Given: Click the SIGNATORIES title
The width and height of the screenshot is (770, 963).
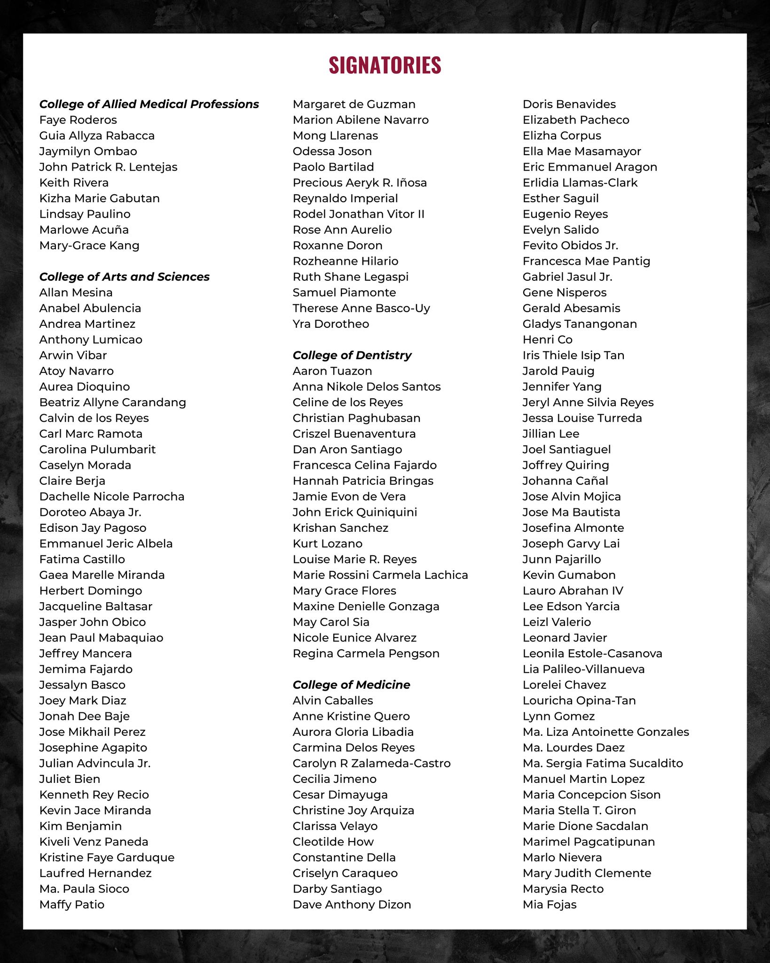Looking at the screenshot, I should click(x=385, y=65).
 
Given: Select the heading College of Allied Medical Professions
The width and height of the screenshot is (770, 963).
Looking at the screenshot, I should click(x=149, y=104).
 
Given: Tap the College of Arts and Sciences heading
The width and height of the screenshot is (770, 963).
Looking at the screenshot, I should click(x=124, y=277).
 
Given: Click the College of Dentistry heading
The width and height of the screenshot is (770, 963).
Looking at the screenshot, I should click(x=352, y=355).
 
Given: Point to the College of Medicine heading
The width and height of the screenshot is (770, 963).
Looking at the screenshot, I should click(x=351, y=685).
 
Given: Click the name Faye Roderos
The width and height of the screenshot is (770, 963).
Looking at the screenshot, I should click(x=78, y=120).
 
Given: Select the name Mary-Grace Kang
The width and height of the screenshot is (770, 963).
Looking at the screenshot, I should click(x=89, y=245).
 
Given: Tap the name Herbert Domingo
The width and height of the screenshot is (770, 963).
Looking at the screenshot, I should click(x=90, y=591).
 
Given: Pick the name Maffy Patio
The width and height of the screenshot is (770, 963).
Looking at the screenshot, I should click(x=71, y=904).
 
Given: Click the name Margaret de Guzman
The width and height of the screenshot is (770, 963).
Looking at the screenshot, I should click(x=354, y=104).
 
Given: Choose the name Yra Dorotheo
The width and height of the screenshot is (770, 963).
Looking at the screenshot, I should click(x=330, y=324).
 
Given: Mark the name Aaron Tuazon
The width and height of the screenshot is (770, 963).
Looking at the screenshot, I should click(x=332, y=371).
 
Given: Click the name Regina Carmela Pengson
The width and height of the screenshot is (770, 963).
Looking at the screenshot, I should click(x=366, y=653).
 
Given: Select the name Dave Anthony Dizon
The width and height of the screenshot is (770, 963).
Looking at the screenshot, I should click(x=352, y=904).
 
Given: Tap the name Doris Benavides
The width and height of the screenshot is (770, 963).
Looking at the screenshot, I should click(x=569, y=104).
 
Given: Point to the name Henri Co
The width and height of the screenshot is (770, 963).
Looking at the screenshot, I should click(x=547, y=339).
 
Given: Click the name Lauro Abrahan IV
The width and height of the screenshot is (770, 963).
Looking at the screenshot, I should click(x=573, y=591).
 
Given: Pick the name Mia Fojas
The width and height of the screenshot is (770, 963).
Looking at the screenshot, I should click(x=549, y=904).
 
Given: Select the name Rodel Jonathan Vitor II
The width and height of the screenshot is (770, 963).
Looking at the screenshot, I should click(x=358, y=214).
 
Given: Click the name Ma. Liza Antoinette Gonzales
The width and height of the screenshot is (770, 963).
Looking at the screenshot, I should click(x=605, y=732).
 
